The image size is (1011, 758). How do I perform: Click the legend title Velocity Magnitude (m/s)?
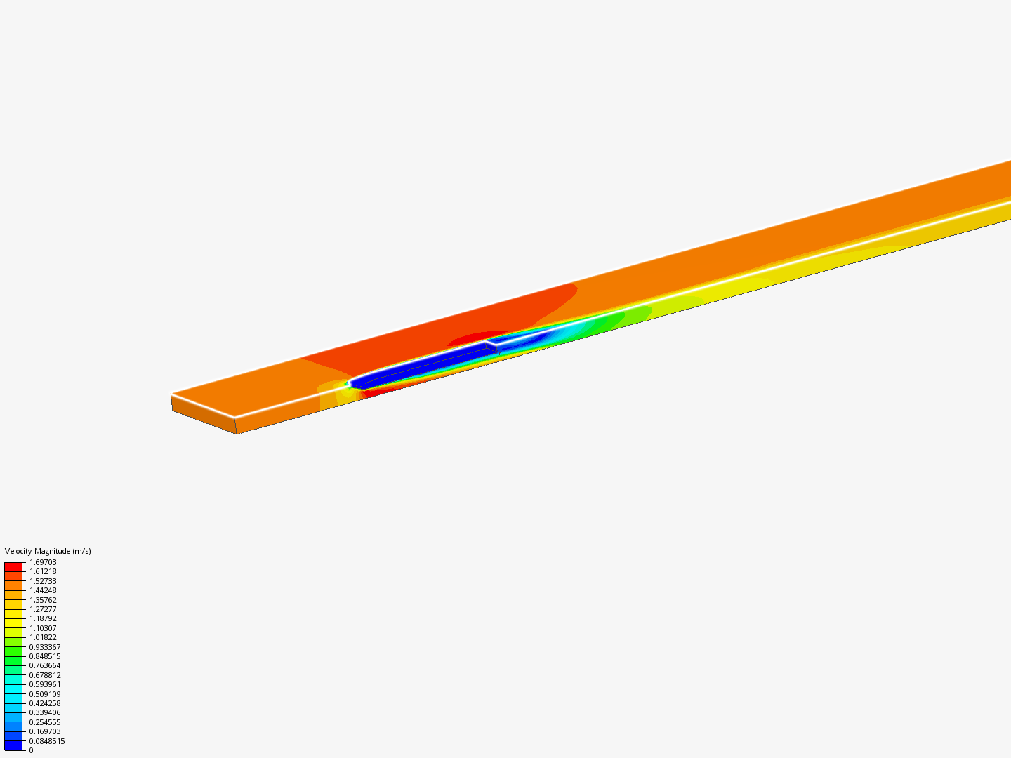click(x=48, y=551)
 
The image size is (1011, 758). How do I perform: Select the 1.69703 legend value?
click(x=43, y=562)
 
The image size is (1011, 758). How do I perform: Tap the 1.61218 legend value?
click(x=43, y=571)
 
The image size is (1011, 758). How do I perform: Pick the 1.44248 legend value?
click(x=43, y=590)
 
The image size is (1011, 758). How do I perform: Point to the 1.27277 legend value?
click(x=43, y=609)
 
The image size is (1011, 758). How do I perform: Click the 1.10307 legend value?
click(x=43, y=628)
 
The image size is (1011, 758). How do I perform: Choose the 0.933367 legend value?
click(x=45, y=647)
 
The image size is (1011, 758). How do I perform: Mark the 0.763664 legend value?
click(x=45, y=665)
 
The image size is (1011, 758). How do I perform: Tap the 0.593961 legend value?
click(x=45, y=684)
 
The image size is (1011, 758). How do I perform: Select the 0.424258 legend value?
click(x=45, y=703)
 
